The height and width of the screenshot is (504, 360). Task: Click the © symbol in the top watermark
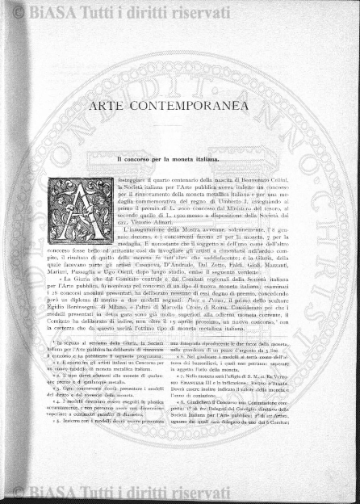click(16, 10)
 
